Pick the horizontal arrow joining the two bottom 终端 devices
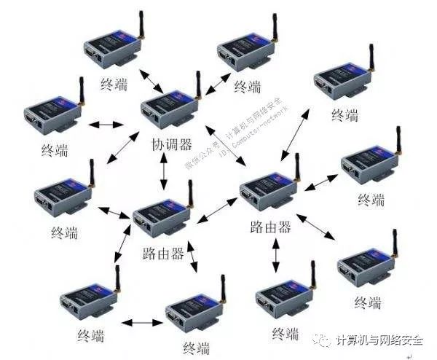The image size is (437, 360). (143, 321)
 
